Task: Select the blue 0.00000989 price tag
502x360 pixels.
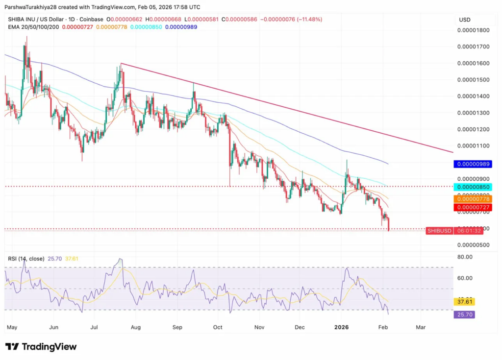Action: pyautogui.click(x=473, y=164)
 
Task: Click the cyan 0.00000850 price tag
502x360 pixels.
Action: pyautogui.click(x=473, y=187)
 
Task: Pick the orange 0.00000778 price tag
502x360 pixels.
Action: pyautogui.click(x=473, y=198)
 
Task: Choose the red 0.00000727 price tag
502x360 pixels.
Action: pyautogui.click(x=473, y=208)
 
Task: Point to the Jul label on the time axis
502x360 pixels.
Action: pyautogui.click(x=95, y=326)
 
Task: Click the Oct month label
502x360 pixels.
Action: pyautogui.click(x=218, y=326)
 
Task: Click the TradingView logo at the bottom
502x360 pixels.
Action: pyautogui.click(x=41, y=347)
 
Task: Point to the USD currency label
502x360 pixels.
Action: pyautogui.click(x=464, y=20)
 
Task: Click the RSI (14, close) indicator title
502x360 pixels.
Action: pyautogui.click(x=26, y=259)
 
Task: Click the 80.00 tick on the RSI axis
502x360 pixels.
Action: pyautogui.click(x=465, y=257)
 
